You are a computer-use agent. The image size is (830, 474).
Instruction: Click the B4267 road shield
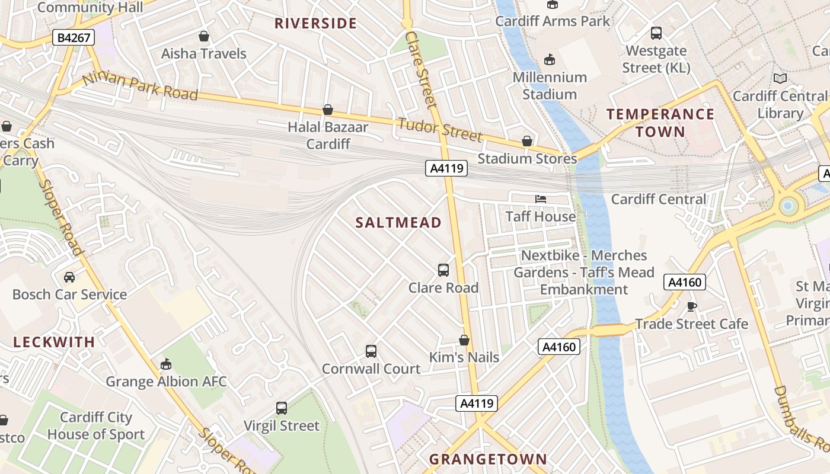74,38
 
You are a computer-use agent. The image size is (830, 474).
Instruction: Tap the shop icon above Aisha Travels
204,36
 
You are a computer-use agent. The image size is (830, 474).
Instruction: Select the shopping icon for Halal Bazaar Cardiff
327,110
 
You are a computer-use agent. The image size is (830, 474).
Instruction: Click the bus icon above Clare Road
443,270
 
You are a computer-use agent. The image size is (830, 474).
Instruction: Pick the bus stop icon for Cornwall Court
371,351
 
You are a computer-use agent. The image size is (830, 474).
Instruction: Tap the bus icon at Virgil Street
282,408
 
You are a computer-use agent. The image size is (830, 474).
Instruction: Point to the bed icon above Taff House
541,199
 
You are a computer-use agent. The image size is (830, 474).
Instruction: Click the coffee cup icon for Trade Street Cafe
691,306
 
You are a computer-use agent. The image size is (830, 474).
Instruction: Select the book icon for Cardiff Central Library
780,78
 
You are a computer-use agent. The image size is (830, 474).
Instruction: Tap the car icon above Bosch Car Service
69,277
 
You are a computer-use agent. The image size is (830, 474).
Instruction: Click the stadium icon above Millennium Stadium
550,59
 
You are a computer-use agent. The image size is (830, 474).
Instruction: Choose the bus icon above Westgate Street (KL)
656,33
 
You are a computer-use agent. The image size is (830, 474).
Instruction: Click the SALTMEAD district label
398,223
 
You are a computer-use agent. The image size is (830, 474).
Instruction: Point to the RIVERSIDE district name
315,24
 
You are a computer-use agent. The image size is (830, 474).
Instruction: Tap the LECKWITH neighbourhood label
54,342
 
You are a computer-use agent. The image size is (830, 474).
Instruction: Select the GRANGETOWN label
488,459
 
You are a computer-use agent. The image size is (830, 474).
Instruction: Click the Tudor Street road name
440,130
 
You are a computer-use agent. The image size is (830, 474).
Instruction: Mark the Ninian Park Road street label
140,87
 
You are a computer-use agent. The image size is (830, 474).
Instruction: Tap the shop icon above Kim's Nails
464,340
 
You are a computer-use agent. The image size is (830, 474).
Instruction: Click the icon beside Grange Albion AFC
166,364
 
